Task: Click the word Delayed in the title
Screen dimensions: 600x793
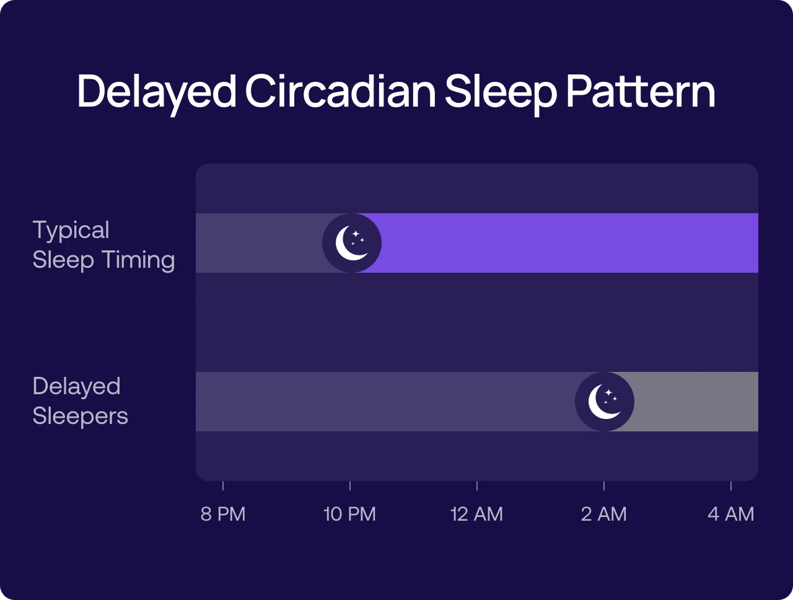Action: tap(156, 92)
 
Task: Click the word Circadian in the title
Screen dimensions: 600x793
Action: tap(340, 92)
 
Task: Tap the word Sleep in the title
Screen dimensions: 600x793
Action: tap(500, 92)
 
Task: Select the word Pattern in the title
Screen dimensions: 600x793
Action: tap(641, 92)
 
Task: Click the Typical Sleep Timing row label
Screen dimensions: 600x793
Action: tap(103, 245)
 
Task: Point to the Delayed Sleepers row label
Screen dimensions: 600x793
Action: tap(80, 401)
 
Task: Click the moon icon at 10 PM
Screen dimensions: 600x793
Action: tap(352, 243)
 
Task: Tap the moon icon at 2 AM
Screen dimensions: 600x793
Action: tap(605, 402)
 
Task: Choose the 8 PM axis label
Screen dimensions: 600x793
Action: tap(223, 514)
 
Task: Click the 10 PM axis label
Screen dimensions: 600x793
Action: tap(349, 514)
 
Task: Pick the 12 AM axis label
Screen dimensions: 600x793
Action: tap(476, 514)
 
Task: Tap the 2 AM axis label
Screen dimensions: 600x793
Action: tap(603, 514)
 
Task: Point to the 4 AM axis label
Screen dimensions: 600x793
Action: tap(730, 514)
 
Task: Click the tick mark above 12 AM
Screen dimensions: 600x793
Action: tap(477, 486)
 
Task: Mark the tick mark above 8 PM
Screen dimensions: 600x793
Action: tap(223, 486)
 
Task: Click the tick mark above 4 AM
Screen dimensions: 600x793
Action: tap(731, 486)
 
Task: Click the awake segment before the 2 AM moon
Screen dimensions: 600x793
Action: tap(384, 402)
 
